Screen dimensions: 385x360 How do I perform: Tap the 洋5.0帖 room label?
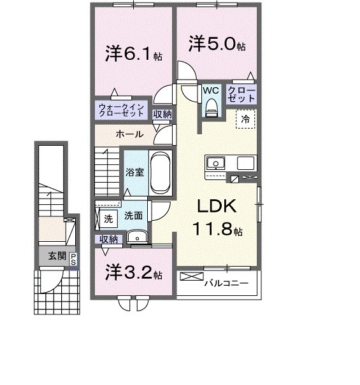tap(216, 45)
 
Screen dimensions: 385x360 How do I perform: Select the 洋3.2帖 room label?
tap(133, 274)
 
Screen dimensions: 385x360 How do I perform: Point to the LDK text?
tap(216, 206)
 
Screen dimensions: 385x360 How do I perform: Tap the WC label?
tap(211, 91)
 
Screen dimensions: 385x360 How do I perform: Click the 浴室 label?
tap(134, 172)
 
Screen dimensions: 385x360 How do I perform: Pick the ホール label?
tap(129, 134)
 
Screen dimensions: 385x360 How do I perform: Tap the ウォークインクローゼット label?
tap(123, 109)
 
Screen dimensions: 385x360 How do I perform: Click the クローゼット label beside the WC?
tap(241, 95)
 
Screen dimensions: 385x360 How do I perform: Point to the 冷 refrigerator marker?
tap(245, 119)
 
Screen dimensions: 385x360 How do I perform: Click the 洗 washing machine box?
tap(108, 217)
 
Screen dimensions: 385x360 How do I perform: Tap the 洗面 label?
tap(133, 216)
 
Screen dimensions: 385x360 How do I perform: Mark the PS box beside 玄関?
tap(73, 258)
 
